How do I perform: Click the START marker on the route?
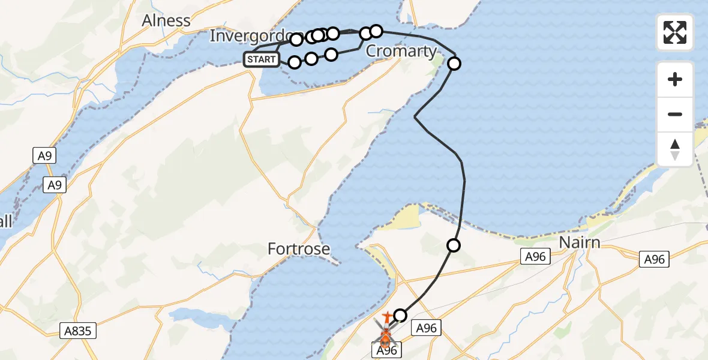coord(262,59)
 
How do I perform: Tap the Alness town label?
coord(166,20)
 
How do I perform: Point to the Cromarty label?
coord(401,52)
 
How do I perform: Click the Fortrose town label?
coord(299,248)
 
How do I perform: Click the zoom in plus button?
coord(675,79)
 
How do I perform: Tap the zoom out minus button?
coord(675,114)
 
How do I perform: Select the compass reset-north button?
coord(675,149)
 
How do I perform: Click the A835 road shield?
coord(79,331)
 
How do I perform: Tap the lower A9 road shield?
coord(55,185)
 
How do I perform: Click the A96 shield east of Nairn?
coord(655,259)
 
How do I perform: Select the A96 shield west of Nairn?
coord(533,257)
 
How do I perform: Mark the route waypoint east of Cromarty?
coord(454,64)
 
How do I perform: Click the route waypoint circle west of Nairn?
coord(454,245)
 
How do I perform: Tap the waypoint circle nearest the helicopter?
coord(400,315)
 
